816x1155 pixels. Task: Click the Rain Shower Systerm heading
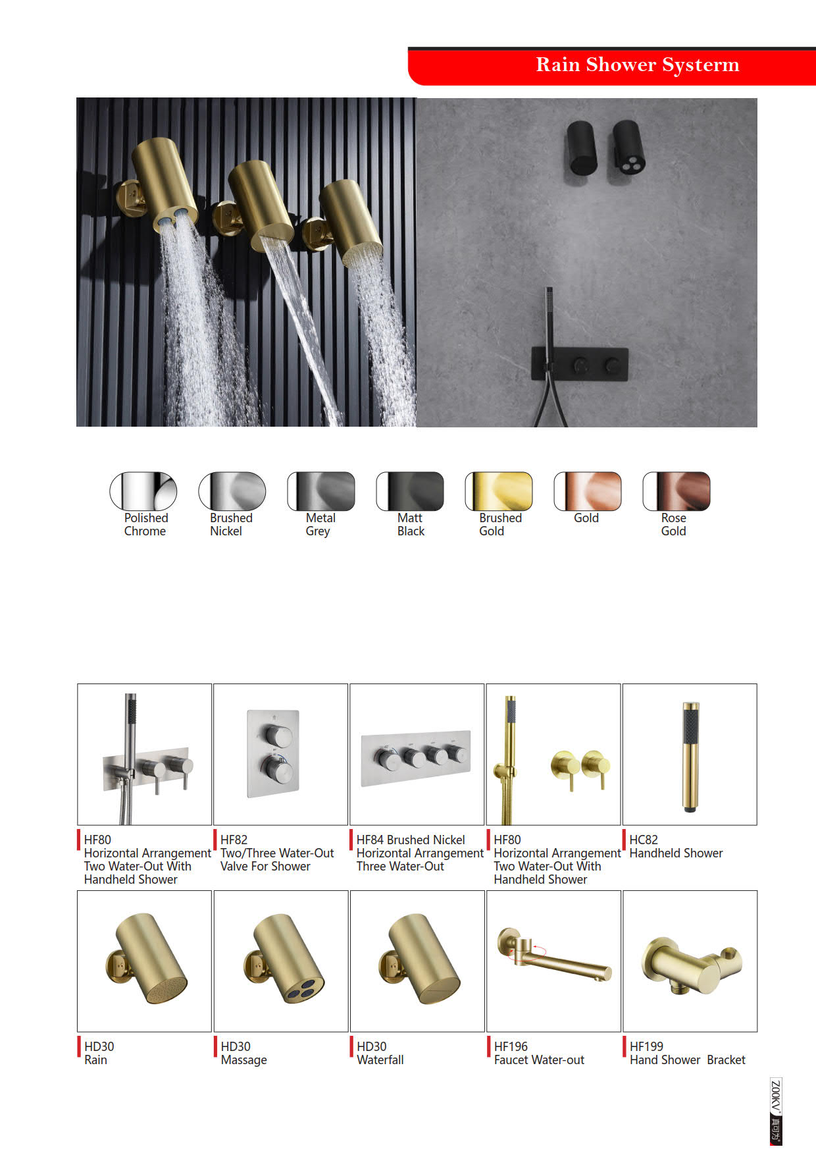click(637, 65)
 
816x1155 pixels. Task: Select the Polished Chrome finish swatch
click(143, 491)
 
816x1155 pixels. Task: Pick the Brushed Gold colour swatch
click(498, 491)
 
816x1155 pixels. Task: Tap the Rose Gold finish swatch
click(676, 491)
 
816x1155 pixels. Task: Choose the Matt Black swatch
click(410, 491)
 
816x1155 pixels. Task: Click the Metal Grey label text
click(320, 525)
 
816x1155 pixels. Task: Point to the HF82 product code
click(234, 840)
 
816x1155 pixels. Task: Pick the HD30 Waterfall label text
click(380, 1054)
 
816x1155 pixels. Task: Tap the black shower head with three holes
click(628, 148)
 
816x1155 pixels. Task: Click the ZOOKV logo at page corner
click(776, 1112)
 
